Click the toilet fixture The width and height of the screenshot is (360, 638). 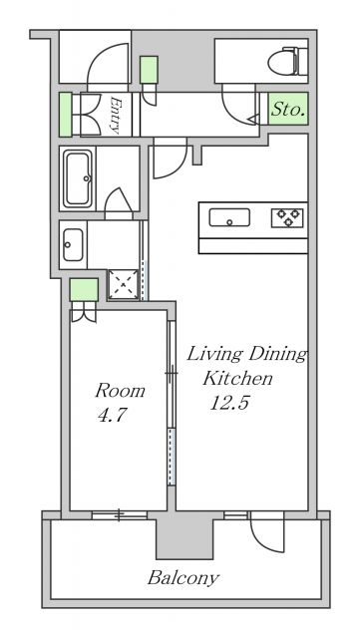(288, 62)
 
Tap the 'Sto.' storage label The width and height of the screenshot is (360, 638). (288, 109)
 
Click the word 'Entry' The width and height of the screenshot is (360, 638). (116, 116)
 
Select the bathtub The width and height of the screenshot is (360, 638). (78, 178)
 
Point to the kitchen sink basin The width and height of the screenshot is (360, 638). (229, 217)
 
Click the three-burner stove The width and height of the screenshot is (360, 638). (287, 217)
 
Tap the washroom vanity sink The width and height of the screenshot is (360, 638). (73, 245)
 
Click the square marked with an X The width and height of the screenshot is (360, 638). (123, 285)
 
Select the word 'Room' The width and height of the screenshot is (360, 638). (120, 391)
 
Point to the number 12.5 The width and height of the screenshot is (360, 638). (229, 403)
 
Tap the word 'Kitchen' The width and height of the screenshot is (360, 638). (237, 379)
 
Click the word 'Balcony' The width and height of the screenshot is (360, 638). (183, 578)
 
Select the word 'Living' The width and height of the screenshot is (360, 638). (214, 355)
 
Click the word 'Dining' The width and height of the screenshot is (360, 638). (277, 354)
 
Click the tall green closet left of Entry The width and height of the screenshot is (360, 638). (65, 115)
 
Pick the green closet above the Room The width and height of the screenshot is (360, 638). (84, 290)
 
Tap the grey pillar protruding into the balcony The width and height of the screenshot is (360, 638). (185, 538)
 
